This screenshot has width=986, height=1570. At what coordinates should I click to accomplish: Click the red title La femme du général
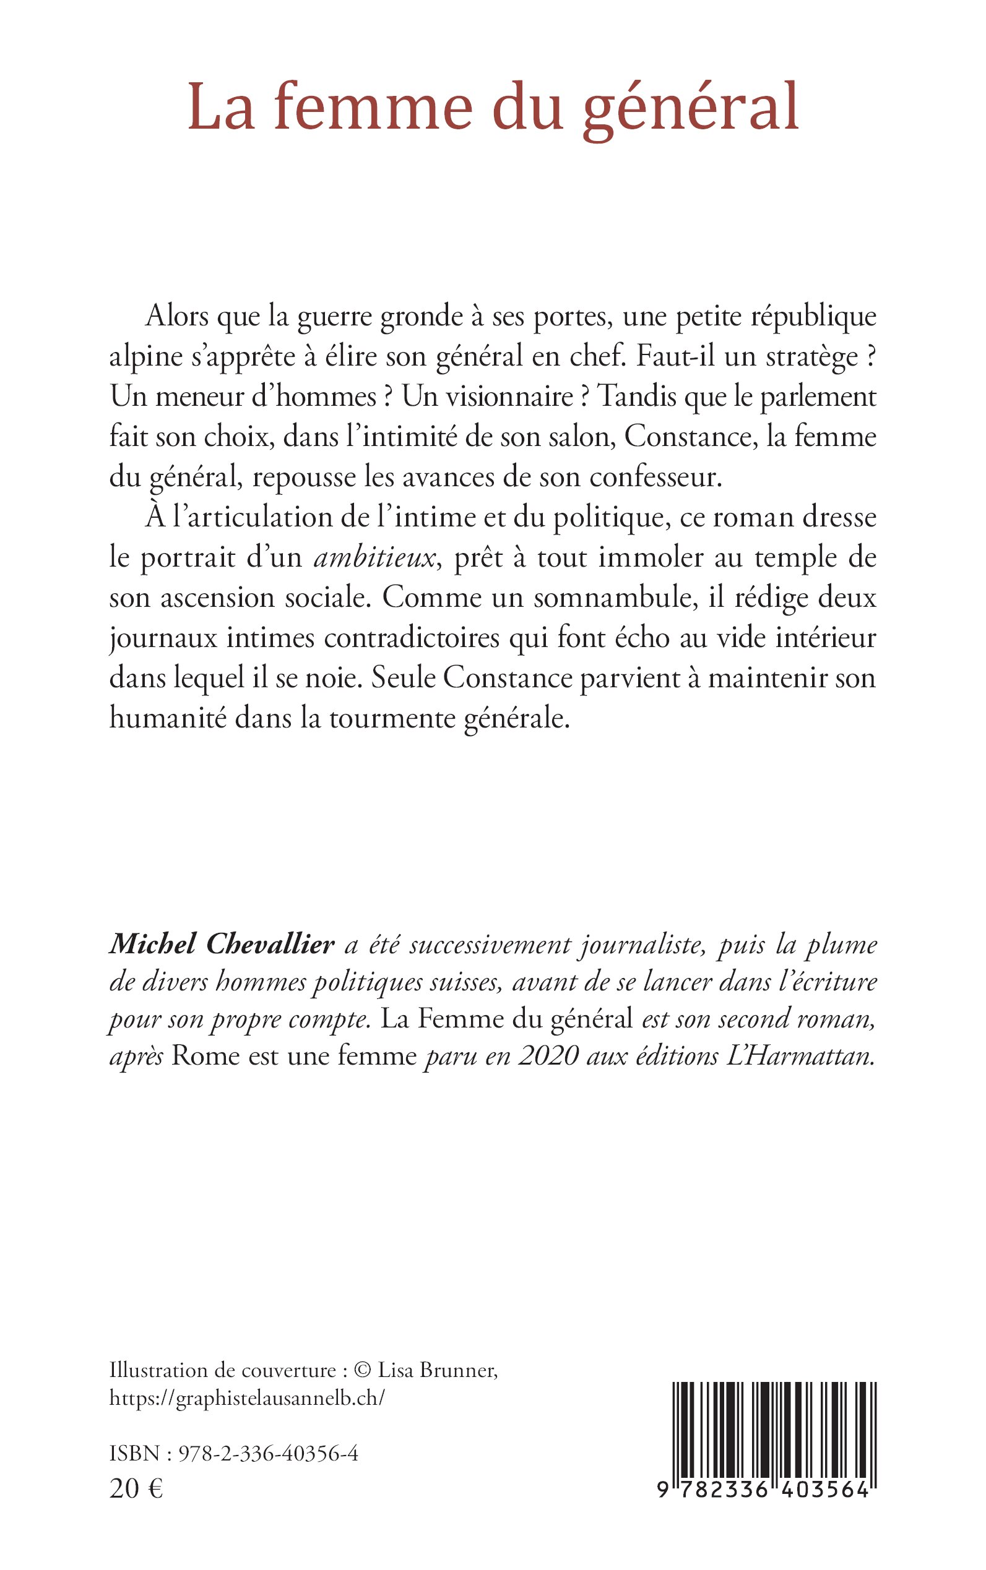click(493, 108)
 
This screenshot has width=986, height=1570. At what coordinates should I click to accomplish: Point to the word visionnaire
click(487, 397)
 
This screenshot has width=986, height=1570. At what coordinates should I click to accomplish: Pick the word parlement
click(818, 398)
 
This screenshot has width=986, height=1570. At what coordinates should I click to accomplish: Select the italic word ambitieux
click(374, 558)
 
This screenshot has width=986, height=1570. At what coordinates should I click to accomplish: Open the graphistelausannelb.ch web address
click(247, 1398)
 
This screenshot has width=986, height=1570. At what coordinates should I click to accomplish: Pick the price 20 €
click(136, 1484)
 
